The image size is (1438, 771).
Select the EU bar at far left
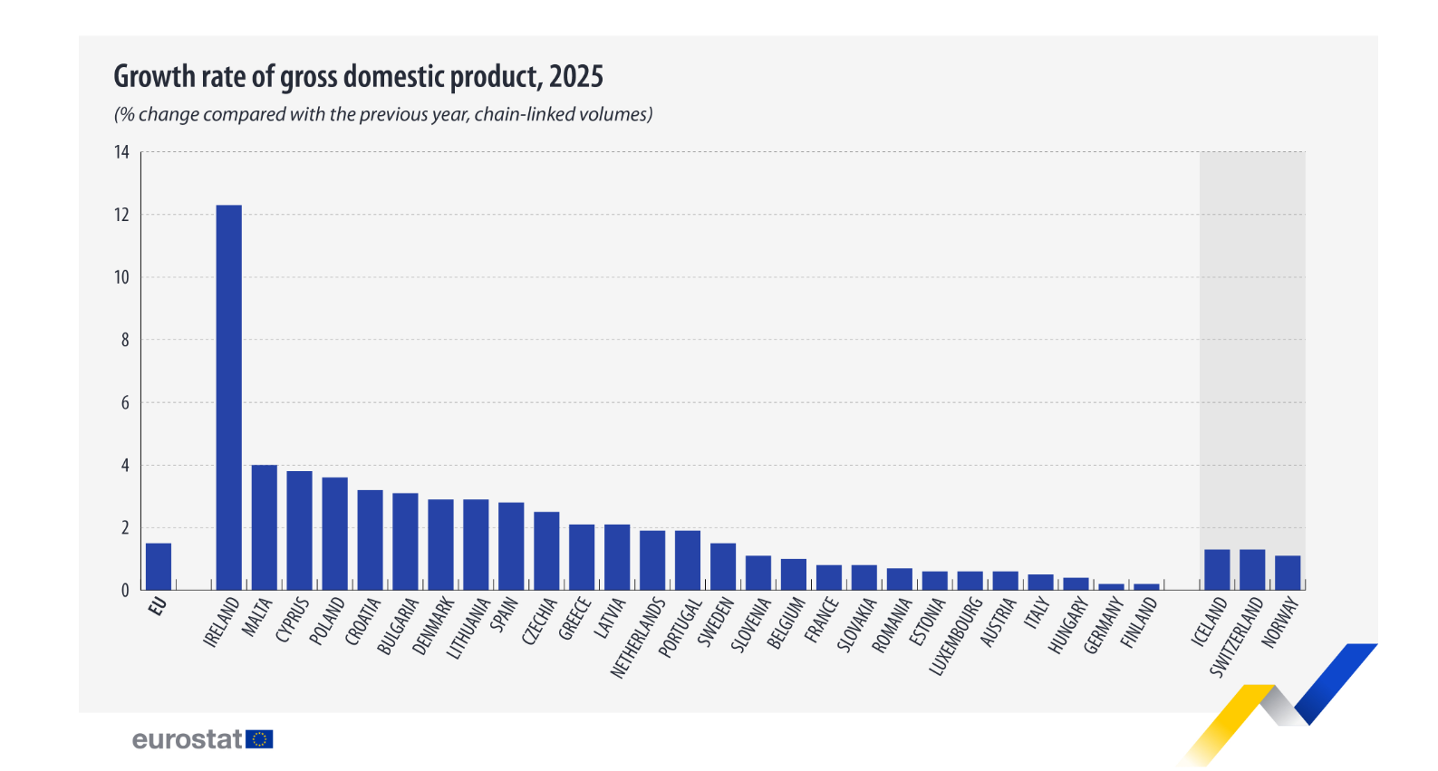tap(158, 567)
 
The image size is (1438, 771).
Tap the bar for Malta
tap(264, 527)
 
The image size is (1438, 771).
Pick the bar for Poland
tap(334, 534)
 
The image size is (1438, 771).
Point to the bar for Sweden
tap(723, 567)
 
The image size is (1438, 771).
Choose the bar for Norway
tap(1287, 573)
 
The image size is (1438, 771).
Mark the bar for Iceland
tap(1217, 570)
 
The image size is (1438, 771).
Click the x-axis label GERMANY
tap(1104, 626)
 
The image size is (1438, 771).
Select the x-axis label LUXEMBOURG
tap(957, 636)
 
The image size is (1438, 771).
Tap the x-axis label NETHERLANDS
tap(638, 638)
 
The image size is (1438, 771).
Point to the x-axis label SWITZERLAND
tap(1237, 636)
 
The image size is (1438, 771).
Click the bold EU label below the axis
tap(158, 606)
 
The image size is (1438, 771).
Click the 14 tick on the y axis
tap(121, 152)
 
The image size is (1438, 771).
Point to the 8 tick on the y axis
tap(125, 340)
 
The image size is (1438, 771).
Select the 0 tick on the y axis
tap(125, 591)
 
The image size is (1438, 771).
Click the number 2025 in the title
tap(575, 77)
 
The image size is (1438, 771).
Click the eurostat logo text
tap(188, 739)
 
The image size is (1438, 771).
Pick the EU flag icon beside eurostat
tap(259, 739)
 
